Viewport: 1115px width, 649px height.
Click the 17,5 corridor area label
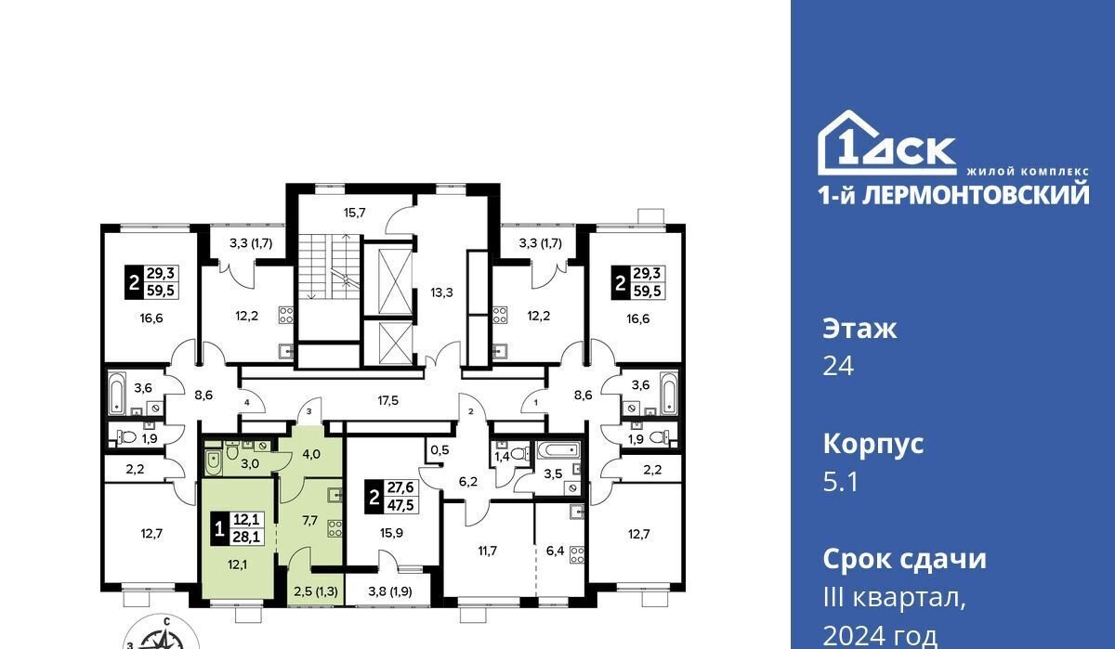(387, 400)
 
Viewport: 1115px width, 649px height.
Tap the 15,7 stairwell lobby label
(354, 213)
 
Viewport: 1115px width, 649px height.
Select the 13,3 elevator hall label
(441, 292)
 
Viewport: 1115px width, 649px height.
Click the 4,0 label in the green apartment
(311, 454)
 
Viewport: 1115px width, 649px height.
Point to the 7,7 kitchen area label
(310, 520)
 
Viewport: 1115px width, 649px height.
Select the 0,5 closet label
(439, 450)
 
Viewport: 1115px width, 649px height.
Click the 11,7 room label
(487, 551)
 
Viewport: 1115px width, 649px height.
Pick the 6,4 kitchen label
(555, 550)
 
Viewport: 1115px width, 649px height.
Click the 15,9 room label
(391, 533)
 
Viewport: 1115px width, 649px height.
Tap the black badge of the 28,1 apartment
(218, 528)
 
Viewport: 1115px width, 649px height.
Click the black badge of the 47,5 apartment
(374, 497)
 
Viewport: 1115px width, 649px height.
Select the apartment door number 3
(308, 411)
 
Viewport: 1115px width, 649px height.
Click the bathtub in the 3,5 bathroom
(557, 450)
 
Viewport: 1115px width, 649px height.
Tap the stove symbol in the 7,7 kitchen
(335, 528)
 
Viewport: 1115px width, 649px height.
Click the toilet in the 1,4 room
(520, 453)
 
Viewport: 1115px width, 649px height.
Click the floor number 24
(838, 367)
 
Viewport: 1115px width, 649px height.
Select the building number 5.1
(841, 482)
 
